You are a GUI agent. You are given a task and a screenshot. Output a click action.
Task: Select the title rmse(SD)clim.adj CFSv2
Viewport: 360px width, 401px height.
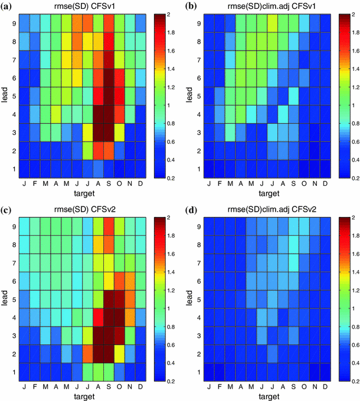coord(261,209)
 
